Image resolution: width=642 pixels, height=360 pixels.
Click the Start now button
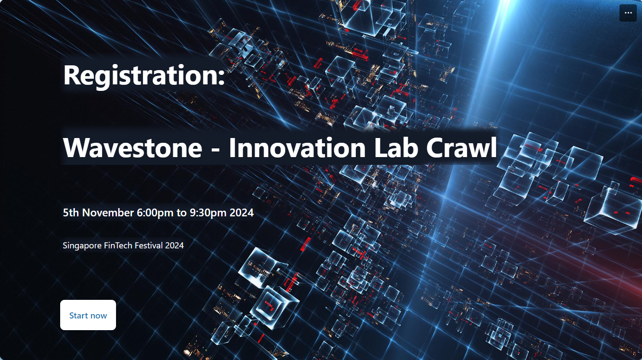coord(88,315)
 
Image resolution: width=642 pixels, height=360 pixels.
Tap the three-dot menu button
coord(628,13)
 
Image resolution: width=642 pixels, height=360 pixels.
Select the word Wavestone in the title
coord(132,148)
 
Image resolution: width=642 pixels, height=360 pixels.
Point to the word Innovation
coord(297,148)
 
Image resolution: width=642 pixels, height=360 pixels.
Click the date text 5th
coord(71,212)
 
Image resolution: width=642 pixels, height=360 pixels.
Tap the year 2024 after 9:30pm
coord(242,212)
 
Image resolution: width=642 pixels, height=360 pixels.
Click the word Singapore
coord(82,246)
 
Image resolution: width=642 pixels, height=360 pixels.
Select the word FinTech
coord(118,245)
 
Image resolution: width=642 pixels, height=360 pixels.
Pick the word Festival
coord(148,245)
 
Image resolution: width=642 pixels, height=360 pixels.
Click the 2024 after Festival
coord(174,245)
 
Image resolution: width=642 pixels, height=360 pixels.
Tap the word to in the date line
coord(181,213)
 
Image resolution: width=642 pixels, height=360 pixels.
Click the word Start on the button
coord(78,315)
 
